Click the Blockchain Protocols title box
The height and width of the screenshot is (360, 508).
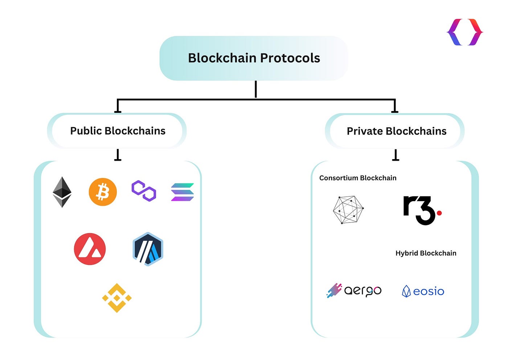coord(254,58)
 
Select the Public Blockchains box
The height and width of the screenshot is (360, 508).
coord(117,131)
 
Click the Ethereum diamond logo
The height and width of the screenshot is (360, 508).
coord(62,192)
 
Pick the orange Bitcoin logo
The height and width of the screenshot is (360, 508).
coord(103,192)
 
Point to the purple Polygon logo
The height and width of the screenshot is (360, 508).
coord(144,191)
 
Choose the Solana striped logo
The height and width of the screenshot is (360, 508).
coord(182,192)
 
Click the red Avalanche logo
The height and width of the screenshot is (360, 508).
coord(90,249)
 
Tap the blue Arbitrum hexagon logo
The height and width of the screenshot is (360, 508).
coord(148,249)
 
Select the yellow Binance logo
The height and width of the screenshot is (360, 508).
coord(117,298)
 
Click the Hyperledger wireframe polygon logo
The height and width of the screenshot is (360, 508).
coord(348,210)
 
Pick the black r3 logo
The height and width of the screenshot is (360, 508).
coord(419,210)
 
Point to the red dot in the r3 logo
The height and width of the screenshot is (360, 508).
coord(439,213)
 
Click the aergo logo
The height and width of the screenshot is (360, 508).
coord(354,290)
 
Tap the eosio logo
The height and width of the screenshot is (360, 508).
coord(423,291)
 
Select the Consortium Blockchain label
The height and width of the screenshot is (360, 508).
coord(358,178)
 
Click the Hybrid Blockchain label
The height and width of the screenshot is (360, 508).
coord(426,253)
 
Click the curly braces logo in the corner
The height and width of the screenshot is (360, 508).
coord(465,32)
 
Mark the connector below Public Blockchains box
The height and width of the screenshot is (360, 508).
coord(118,155)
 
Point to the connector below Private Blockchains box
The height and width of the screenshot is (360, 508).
coord(396,155)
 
